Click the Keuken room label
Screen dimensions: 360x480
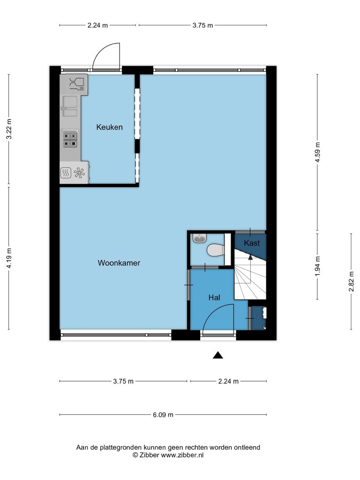(109, 127)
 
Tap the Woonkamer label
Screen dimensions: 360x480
(119, 262)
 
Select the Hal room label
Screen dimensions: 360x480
(214, 297)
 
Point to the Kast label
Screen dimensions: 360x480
(252, 243)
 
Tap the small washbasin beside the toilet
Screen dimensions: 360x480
(200, 238)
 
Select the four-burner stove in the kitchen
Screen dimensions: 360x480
(70, 139)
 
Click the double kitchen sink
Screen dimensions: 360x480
(70, 106)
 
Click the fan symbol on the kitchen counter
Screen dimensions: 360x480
(79, 172)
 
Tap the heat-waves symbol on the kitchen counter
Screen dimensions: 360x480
(66, 173)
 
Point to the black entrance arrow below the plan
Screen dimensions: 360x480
(217, 355)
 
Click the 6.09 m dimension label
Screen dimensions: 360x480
(163, 415)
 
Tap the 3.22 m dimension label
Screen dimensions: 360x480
(9, 129)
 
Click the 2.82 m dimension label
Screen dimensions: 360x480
(352, 281)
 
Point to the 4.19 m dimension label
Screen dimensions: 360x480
(9, 258)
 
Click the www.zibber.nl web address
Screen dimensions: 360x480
(182, 455)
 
